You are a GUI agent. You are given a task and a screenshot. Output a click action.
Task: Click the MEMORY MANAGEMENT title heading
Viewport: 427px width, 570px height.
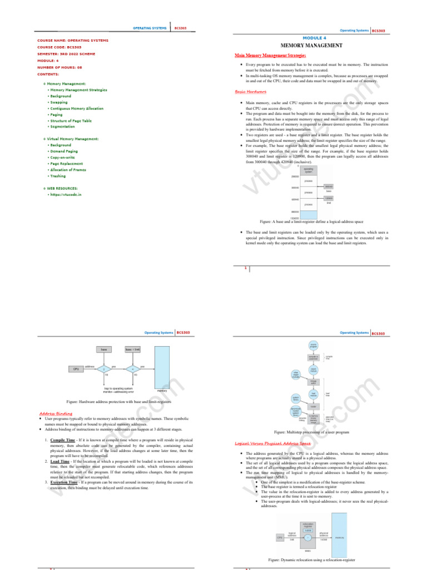(311, 45)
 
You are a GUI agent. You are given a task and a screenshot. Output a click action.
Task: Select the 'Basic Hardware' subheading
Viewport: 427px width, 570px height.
(251, 91)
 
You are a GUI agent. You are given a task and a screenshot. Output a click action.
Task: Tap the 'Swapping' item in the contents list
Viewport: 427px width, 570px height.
(59, 102)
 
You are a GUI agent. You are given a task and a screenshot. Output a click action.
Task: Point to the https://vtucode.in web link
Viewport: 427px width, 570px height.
(66, 195)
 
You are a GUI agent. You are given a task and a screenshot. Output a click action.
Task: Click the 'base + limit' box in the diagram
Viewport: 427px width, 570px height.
(132, 350)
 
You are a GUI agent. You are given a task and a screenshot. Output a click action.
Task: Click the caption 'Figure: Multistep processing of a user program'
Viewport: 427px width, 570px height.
(311, 432)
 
